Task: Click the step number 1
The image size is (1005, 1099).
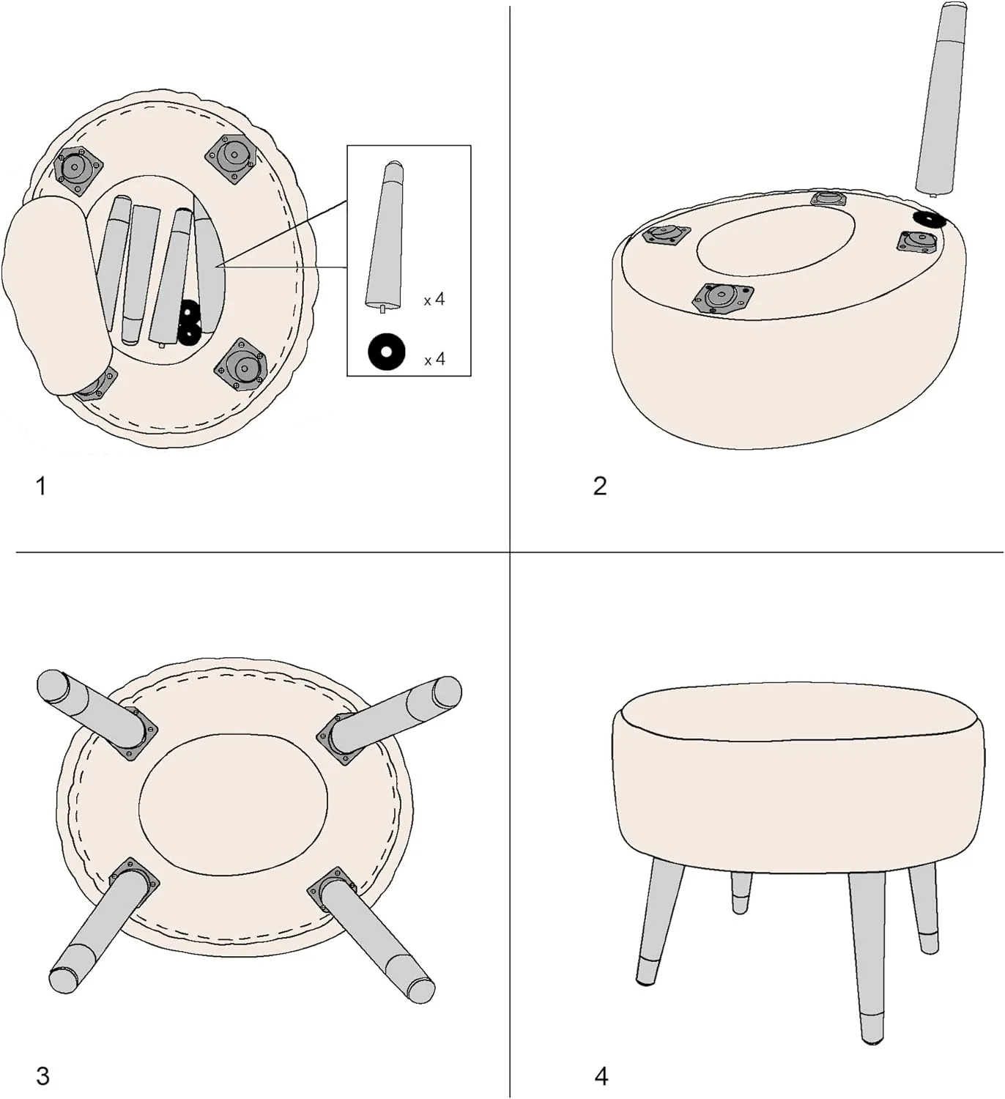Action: tap(40, 486)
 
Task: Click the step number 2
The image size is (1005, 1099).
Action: tap(600, 486)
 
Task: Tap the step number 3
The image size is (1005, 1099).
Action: tap(42, 1076)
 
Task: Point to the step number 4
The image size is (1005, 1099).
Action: tap(601, 1076)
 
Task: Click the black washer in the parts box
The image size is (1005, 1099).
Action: tap(386, 351)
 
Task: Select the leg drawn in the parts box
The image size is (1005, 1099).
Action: tap(385, 237)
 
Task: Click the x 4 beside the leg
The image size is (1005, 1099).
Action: tap(434, 300)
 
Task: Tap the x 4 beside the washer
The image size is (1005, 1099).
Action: tap(434, 360)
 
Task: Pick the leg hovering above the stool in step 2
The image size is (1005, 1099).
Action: tap(941, 100)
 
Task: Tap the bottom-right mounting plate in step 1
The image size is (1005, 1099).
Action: tap(240, 365)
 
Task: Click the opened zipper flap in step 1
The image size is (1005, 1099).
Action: tap(55, 293)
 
